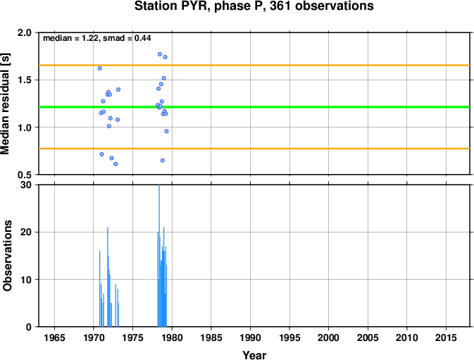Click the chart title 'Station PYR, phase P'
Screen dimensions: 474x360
tap(193, 6)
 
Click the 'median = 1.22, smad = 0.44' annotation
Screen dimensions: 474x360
tap(97, 38)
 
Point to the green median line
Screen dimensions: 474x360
tap(254, 107)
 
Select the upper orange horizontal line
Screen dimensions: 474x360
tap(254, 66)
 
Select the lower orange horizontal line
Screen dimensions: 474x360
tap(254, 149)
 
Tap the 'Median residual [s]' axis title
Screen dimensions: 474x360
tap(6, 104)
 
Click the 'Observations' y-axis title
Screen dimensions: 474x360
tap(7, 256)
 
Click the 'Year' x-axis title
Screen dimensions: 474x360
tap(254, 355)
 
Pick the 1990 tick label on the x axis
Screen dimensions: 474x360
tap(250, 337)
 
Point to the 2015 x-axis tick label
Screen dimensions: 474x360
tap(446, 337)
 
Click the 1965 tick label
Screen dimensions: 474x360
tap(54, 337)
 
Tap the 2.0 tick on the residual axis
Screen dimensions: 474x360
tap(25, 32)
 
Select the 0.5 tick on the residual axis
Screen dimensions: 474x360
tap(25, 175)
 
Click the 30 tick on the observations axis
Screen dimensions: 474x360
tap(26, 185)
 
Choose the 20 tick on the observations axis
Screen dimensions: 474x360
tap(26, 232)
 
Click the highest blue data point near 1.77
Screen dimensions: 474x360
tap(160, 54)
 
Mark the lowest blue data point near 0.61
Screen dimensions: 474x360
tap(116, 164)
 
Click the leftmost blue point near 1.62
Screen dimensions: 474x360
tap(100, 68)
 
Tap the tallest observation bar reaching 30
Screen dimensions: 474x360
tap(159, 256)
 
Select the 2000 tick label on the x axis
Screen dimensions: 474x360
tap(329, 337)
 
